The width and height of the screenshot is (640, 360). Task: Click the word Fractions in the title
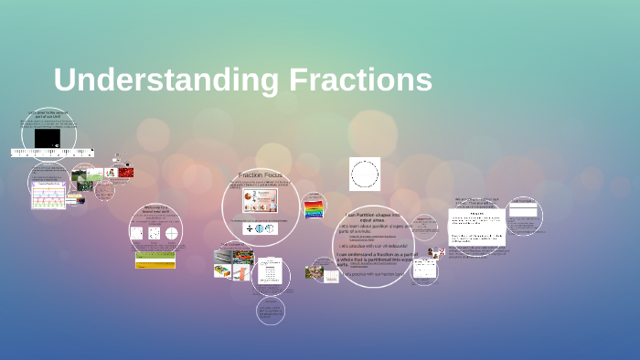pyautogui.click(x=360, y=80)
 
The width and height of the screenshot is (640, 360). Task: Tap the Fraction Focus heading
pyautogui.click(x=261, y=175)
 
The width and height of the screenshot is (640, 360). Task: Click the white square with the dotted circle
pyautogui.click(x=365, y=174)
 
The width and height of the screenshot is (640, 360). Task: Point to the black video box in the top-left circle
pyautogui.click(x=47, y=137)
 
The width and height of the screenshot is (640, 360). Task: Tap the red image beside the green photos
pyautogui.click(x=124, y=173)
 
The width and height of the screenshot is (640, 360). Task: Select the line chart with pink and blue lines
pyautogui.click(x=48, y=195)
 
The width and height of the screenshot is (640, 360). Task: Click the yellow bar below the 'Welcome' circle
pyautogui.click(x=155, y=264)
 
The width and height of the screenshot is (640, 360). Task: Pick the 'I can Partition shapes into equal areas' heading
pyautogui.click(x=371, y=217)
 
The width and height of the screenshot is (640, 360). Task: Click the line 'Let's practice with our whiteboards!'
pyautogui.click(x=375, y=245)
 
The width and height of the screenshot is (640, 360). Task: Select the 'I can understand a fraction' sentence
pyautogui.click(x=375, y=258)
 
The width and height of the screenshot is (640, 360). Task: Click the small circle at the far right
pyautogui.click(x=524, y=215)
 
